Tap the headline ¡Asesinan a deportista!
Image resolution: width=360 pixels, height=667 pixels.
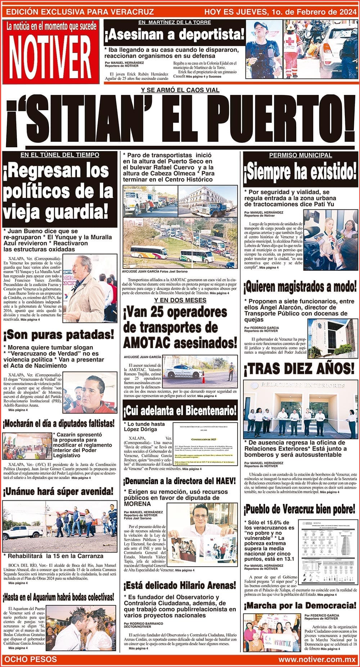point(174,35)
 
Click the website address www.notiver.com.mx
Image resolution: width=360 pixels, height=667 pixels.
point(317,659)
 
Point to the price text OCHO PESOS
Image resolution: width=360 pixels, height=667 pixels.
point(30,659)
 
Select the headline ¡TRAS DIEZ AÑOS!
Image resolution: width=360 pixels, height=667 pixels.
point(299,368)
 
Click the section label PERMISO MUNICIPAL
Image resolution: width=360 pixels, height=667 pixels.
point(300,155)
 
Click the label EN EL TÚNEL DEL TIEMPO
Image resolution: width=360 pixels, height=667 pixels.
point(60,155)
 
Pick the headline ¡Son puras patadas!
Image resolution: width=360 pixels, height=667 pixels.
point(59,335)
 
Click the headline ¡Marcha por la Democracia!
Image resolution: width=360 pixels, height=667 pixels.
point(300,605)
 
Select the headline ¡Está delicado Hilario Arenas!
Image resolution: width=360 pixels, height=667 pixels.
point(180,585)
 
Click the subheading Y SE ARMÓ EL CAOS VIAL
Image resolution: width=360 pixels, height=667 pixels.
point(180,90)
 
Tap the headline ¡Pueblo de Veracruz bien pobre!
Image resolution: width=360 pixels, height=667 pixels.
point(300,509)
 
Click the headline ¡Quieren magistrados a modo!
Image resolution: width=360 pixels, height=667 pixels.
point(300,287)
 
